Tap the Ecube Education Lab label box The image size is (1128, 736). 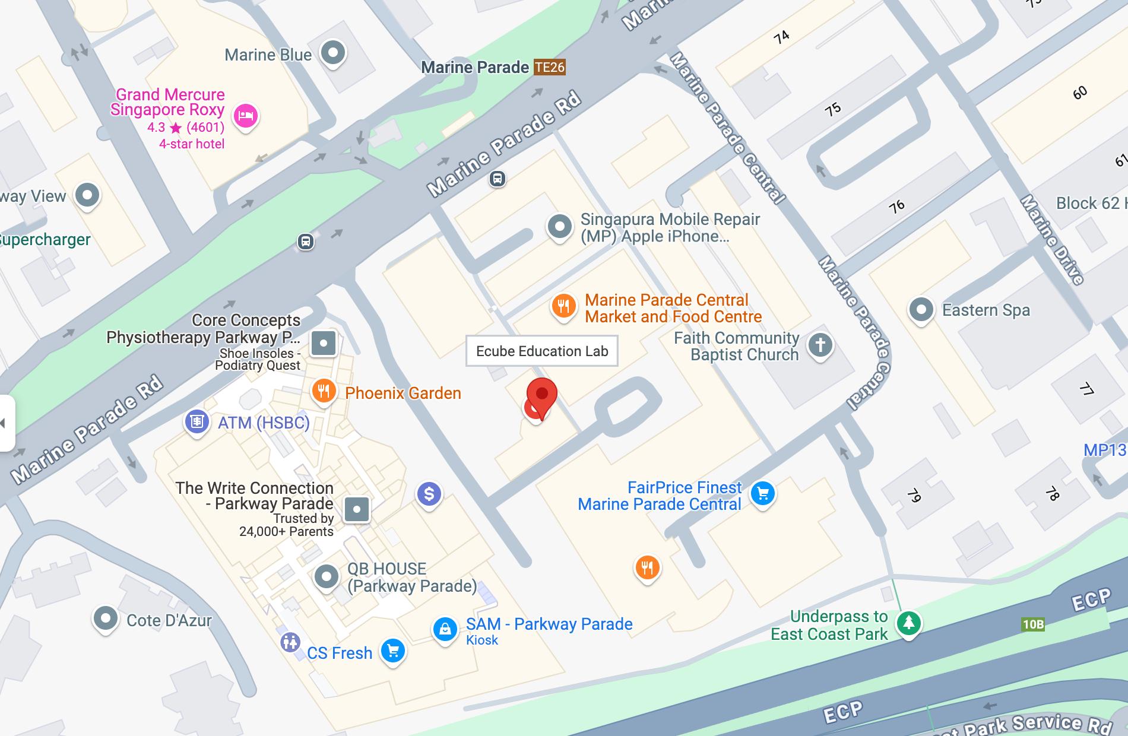coord(541,351)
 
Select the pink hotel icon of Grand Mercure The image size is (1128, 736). coord(245,115)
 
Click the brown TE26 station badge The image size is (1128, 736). coord(549,67)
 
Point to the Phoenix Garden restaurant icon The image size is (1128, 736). coord(324,391)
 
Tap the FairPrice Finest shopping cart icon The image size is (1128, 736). coord(763,493)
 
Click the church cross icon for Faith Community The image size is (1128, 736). coord(820,344)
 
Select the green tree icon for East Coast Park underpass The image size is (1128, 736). coord(908,623)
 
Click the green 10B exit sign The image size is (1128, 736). coord(1033,624)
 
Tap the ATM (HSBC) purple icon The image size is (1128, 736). coord(197,421)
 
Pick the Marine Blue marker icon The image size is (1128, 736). coord(332,52)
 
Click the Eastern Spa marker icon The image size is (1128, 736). coord(921,309)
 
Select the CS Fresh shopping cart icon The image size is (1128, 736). coord(392,651)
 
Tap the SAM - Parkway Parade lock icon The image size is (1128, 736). coord(445,629)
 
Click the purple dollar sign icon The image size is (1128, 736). coord(429,493)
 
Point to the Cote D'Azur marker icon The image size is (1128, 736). coord(106,618)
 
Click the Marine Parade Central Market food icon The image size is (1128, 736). coord(563,306)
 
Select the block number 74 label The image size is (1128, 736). coord(781,37)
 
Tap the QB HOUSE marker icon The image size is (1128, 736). coord(326,576)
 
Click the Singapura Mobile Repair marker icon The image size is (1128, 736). coord(559,226)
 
